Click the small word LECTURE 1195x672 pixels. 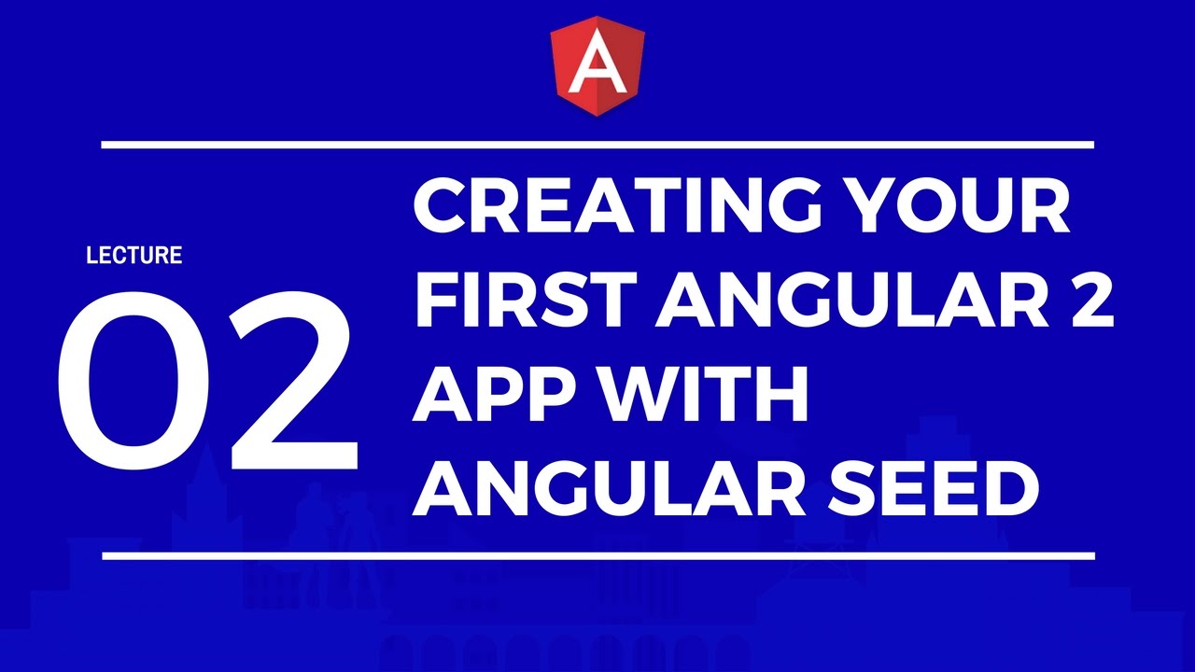[134, 255]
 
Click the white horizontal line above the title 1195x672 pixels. [597, 145]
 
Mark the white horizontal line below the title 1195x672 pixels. [597, 555]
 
